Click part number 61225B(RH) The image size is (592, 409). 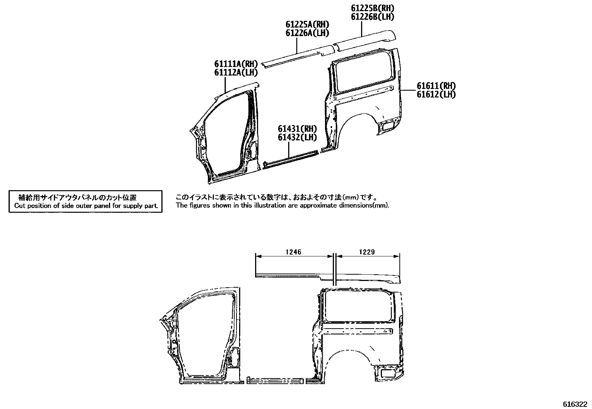[372, 8]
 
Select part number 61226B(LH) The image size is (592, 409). [372, 17]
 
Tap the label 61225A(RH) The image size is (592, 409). [307, 25]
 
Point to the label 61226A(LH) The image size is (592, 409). [307, 33]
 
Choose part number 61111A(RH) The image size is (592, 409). [235, 64]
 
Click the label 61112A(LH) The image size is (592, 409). [235, 73]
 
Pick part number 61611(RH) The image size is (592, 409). [436, 86]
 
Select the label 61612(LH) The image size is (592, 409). [436, 95]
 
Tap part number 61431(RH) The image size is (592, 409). [297, 129]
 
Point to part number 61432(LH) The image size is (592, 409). [297, 137]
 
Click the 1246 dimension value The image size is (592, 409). [293, 252]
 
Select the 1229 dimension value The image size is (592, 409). [367, 252]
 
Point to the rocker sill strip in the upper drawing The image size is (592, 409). [290, 159]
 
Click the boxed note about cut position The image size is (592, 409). [86, 202]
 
